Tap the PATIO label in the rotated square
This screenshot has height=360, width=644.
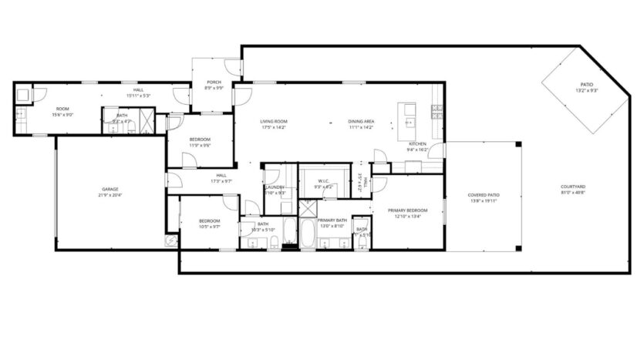pyautogui.click(x=586, y=85)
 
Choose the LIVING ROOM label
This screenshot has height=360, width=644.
pyautogui.click(x=273, y=121)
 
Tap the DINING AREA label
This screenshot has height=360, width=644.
pyautogui.click(x=361, y=121)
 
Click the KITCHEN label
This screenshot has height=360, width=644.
pyautogui.click(x=417, y=144)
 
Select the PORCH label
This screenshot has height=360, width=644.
pyautogui.click(x=214, y=82)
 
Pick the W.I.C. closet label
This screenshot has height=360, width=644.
pyautogui.click(x=323, y=181)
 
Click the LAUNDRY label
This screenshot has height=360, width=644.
pyautogui.click(x=275, y=187)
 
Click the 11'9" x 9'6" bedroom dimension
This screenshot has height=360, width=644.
pyautogui.click(x=201, y=145)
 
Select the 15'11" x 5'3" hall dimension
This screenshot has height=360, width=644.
pyautogui.click(x=138, y=96)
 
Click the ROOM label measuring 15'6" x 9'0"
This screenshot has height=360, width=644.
pyautogui.click(x=62, y=109)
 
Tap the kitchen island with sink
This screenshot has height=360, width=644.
pyautogui.click(x=406, y=115)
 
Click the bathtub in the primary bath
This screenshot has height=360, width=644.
pyautogui.click(x=307, y=234)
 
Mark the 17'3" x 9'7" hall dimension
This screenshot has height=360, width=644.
pyautogui.click(x=221, y=181)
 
